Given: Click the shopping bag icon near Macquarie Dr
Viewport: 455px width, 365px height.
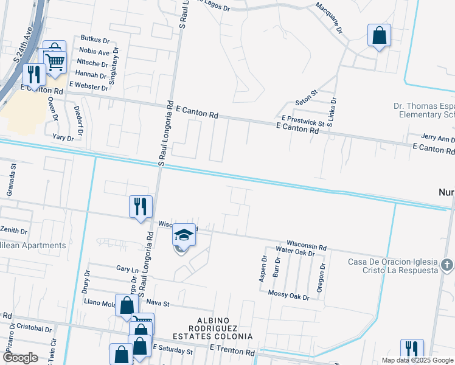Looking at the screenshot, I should pos(379,35).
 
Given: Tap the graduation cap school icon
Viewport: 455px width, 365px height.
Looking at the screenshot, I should pos(184,235).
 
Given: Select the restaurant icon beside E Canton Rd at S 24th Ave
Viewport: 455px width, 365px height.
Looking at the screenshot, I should pos(33,74).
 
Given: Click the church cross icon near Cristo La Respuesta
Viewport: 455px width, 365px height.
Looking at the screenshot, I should pos(447,265).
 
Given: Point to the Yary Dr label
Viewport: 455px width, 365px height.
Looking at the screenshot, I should pos(63,138).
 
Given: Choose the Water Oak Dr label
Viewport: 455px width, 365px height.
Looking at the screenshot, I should pos(295,250).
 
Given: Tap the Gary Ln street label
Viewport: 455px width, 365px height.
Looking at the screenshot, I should pos(127,268).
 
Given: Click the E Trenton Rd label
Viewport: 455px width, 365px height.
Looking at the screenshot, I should pos(232,352).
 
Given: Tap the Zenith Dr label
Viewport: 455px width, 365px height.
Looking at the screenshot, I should pos(13,231).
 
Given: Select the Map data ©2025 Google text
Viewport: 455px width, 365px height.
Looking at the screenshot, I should pos(417,360).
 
